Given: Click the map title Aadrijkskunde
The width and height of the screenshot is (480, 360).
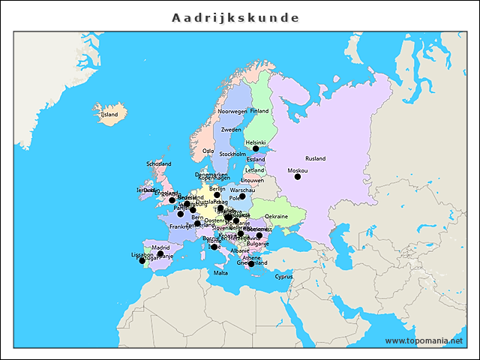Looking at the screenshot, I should (235, 17).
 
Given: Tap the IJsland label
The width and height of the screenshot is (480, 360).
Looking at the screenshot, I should (109, 115).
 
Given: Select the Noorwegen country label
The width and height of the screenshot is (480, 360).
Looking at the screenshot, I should (232, 111).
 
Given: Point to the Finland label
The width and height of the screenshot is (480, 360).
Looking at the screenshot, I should (259, 111).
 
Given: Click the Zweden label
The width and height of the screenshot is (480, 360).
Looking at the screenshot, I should (231, 130).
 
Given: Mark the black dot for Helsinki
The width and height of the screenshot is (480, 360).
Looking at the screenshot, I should (256, 148).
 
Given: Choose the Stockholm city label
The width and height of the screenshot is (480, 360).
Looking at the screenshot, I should (232, 154).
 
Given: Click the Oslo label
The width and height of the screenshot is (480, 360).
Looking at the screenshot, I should (208, 151).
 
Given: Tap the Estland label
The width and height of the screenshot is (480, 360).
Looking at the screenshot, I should (256, 159).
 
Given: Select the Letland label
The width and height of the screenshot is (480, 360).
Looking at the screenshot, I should (255, 170).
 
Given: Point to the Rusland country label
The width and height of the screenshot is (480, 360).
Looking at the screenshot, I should (315, 158).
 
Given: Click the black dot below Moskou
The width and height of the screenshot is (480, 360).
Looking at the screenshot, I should (298, 177).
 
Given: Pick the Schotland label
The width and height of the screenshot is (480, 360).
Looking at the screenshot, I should (159, 163).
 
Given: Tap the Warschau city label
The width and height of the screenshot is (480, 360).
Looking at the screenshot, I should (242, 190).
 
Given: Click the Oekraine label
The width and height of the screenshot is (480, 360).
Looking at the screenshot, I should (277, 216).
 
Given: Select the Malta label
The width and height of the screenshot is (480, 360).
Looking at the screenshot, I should (220, 273).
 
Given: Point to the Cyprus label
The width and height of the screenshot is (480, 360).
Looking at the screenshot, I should (283, 276).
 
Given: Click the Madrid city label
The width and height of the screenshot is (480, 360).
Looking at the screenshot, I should (160, 247).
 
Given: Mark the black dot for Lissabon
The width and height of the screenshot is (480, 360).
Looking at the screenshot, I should (142, 261).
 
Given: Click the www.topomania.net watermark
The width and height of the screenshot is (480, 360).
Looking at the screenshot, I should (424, 340).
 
